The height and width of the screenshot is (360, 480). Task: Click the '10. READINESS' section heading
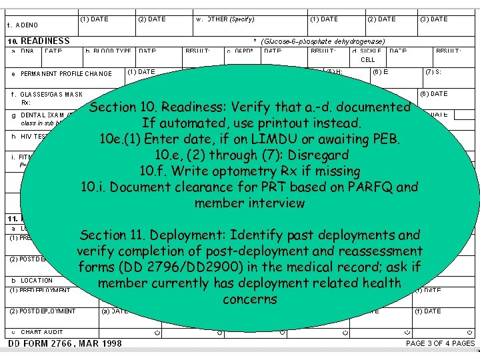tap(39, 41)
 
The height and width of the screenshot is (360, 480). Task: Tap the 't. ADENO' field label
tap(23, 25)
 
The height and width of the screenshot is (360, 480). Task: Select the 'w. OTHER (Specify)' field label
tap(225, 19)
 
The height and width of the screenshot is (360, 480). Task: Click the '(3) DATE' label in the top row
tap(434, 19)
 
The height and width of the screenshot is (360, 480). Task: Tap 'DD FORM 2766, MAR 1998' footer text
tap(65, 344)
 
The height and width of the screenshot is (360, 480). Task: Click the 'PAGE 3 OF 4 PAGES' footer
tap(440, 344)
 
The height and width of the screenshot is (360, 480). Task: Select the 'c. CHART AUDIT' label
tap(41, 332)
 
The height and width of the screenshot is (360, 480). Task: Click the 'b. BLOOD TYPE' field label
tap(109, 51)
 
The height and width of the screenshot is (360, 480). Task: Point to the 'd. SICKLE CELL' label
tap(367, 55)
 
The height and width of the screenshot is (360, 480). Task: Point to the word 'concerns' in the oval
tap(250, 299)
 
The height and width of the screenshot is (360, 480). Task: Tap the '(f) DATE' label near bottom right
tap(432, 311)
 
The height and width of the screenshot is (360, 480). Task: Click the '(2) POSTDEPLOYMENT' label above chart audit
tap(43, 311)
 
